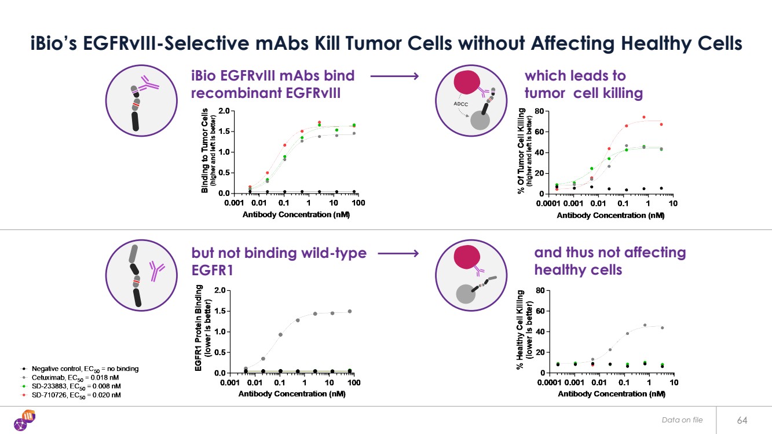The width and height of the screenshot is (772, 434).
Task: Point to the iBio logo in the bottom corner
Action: [x=25, y=420]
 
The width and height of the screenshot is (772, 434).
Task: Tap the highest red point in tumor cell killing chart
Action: [x=643, y=117]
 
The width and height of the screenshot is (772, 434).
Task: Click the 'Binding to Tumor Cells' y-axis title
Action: [x=204, y=151]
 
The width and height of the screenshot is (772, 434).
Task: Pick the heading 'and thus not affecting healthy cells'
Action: [x=609, y=261]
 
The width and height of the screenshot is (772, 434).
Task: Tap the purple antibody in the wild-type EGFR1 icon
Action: [x=156, y=272]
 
